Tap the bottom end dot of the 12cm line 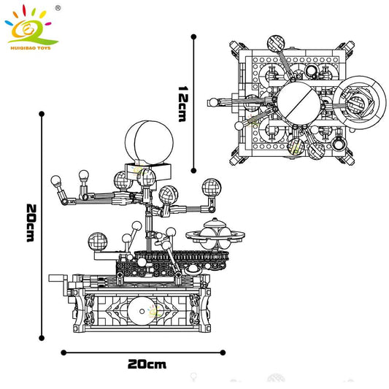pyautogui.click(x=194, y=167)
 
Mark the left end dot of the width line pyautogui.click(x=62, y=352)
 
